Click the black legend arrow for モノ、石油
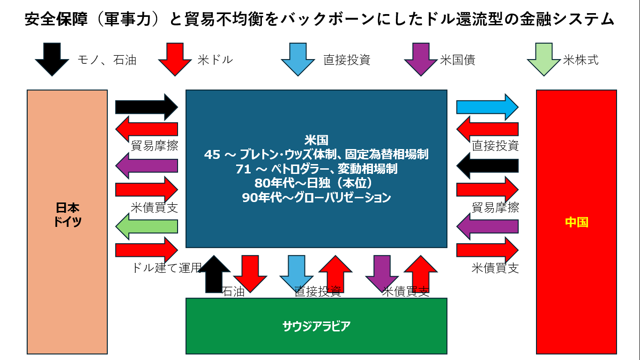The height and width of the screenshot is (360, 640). point(52,59)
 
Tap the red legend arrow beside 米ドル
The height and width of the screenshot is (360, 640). point(175,59)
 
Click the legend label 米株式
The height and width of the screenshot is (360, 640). point(581,60)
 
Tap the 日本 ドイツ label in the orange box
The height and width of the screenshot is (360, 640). point(67,215)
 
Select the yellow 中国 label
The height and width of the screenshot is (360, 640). point(576,222)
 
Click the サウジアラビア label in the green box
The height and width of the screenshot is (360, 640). point(316,326)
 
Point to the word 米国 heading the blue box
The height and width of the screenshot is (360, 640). point(316,140)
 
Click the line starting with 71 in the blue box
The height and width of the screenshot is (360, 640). point(316,169)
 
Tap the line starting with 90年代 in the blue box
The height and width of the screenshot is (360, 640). point(316,197)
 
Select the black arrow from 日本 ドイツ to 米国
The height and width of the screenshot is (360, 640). point(147,107)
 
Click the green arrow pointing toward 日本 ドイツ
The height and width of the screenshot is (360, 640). point(147,226)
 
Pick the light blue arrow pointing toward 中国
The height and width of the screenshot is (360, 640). point(487,107)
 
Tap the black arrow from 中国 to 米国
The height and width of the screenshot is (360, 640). point(487,165)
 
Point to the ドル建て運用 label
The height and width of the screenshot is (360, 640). point(166,268)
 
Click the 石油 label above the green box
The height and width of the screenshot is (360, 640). point(233,291)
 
